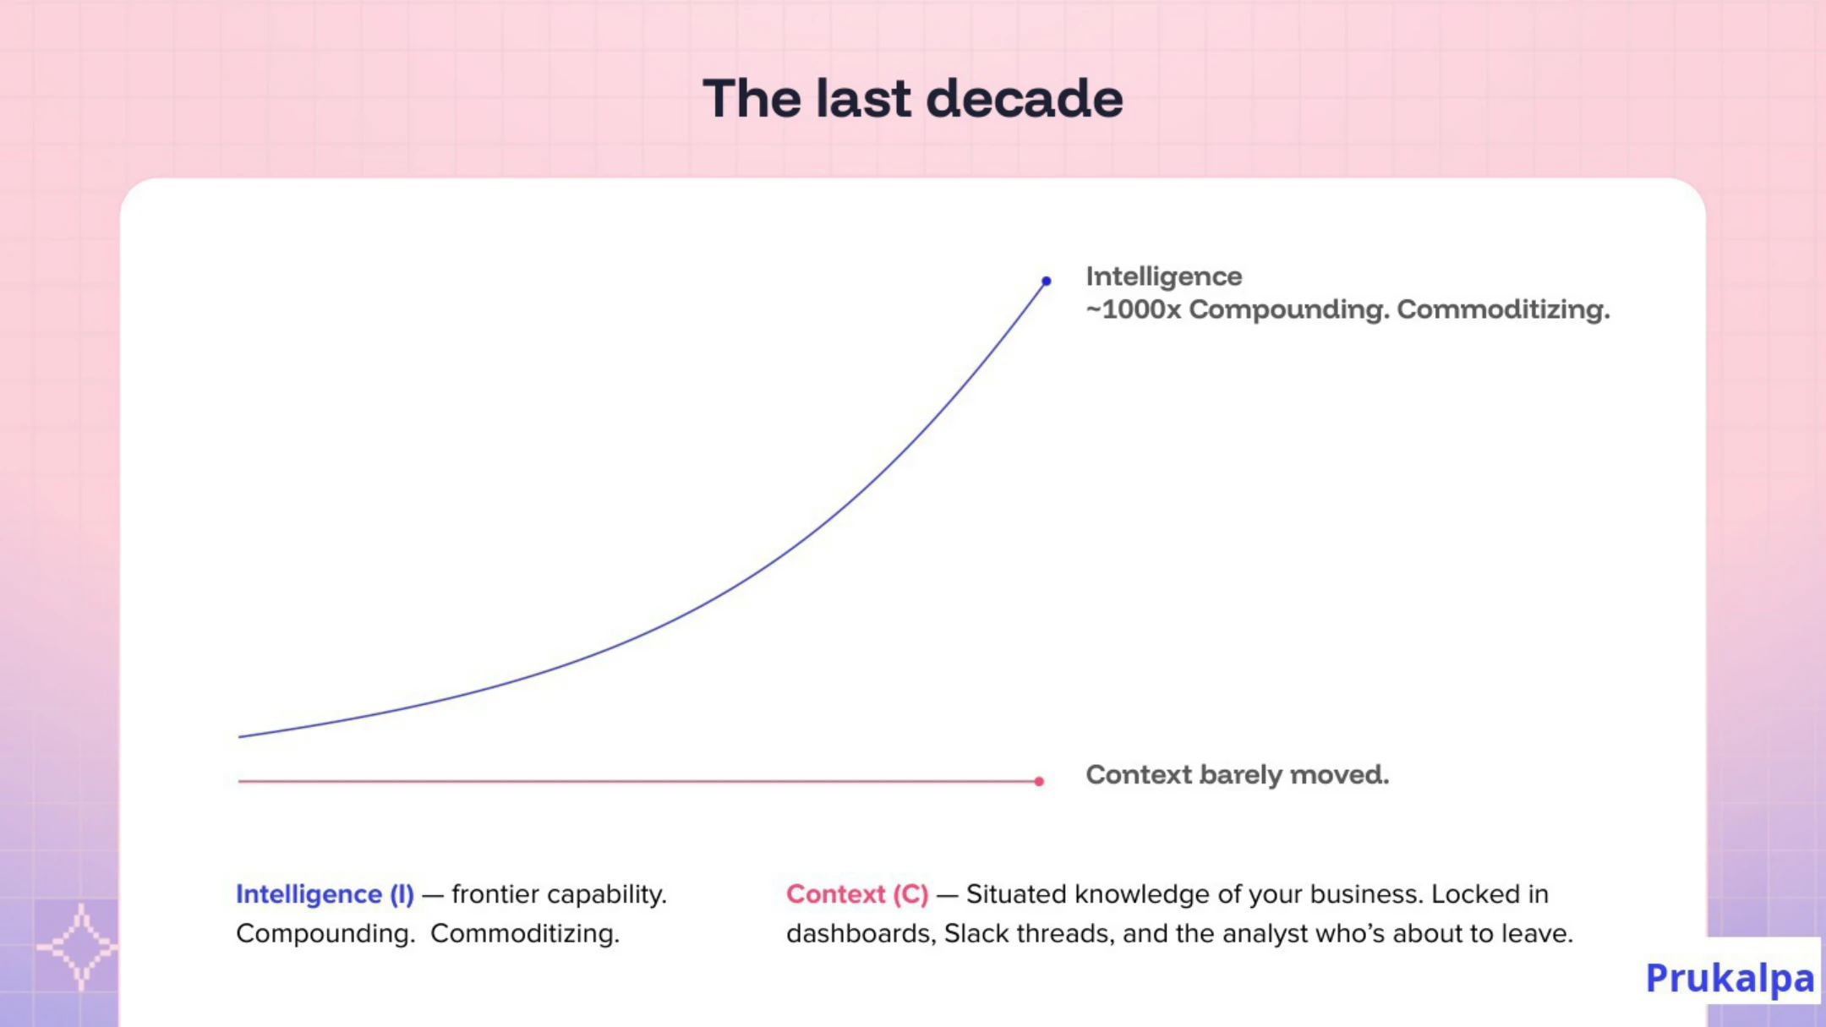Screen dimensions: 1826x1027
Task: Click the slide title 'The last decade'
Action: click(913, 98)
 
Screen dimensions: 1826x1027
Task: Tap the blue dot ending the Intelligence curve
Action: click(1046, 281)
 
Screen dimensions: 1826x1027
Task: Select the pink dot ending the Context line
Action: click(1039, 781)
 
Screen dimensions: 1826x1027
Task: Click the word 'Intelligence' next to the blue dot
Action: click(1163, 276)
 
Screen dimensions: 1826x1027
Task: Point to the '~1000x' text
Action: click(1133, 309)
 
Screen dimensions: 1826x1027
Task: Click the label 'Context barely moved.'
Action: click(1237, 774)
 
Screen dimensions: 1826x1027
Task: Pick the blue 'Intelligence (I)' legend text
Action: click(325, 894)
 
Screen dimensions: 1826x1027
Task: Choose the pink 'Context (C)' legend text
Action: click(857, 894)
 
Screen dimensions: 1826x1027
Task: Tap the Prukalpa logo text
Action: click(1730, 978)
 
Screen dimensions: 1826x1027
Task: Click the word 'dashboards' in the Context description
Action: click(861, 933)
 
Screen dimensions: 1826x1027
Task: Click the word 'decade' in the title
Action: click(1025, 98)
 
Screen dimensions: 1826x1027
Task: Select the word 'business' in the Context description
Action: click(1364, 894)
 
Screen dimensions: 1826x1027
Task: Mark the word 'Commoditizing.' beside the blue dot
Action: click(1503, 309)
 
